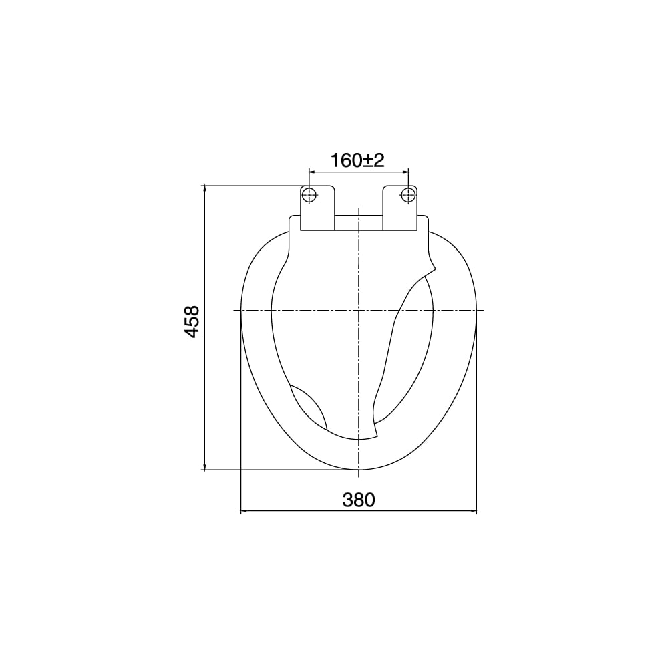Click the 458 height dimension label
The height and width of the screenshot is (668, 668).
pyautogui.click(x=192, y=322)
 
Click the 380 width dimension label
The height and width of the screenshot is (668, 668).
pyautogui.click(x=359, y=500)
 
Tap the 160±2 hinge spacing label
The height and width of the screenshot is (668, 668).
pyautogui.click(x=357, y=160)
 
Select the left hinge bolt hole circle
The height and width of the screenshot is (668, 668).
pyautogui.click(x=309, y=195)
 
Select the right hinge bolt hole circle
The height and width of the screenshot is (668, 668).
pyautogui.click(x=408, y=195)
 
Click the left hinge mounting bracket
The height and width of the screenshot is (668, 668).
pyautogui.click(x=317, y=208)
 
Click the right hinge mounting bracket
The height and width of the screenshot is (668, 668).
pyautogui.click(x=400, y=208)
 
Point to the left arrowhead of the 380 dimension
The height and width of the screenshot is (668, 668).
pyautogui.click(x=244, y=510)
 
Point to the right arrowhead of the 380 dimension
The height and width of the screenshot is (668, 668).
pyautogui.click(x=474, y=510)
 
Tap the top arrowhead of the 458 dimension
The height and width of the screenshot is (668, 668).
pyautogui.click(x=205, y=188)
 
